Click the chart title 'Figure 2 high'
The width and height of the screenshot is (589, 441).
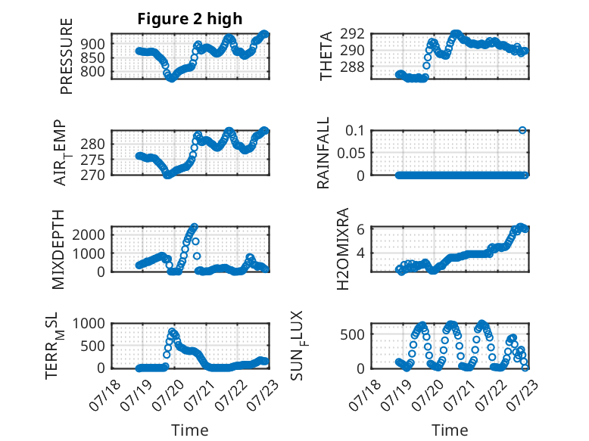pyautogui.click(x=190, y=19)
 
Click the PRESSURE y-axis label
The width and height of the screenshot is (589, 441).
pyautogui.click(x=66, y=56)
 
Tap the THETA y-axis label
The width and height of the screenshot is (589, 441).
pyautogui.click(x=326, y=56)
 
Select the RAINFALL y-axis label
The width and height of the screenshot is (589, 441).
pyautogui.click(x=323, y=153)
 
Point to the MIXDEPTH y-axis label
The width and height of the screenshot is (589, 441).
pyautogui.click(x=58, y=250)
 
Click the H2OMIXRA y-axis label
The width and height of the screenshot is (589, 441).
pyautogui.click(x=343, y=249)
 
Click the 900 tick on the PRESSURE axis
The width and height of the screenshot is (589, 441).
pyautogui.click(x=92, y=45)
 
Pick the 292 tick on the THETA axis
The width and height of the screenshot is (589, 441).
pyautogui.click(x=352, y=34)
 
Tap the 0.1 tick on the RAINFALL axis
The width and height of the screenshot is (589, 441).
pyautogui.click(x=355, y=131)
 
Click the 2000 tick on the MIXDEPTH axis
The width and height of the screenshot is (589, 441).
pyautogui.click(x=89, y=235)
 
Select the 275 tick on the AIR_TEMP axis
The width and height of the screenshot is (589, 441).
pyautogui.click(x=92, y=160)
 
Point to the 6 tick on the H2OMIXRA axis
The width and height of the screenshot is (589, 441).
pyautogui.click(x=360, y=229)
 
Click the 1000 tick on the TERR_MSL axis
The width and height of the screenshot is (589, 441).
pyautogui.click(x=89, y=324)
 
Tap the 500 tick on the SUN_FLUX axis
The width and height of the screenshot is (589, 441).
pyautogui.click(x=352, y=334)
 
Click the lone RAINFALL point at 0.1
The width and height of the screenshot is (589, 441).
pyautogui.click(x=522, y=130)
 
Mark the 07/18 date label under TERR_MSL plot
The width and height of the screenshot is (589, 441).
pyautogui.click(x=104, y=395)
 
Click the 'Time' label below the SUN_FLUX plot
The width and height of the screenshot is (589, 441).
pyautogui.click(x=450, y=430)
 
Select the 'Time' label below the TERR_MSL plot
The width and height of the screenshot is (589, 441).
pyautogui.click(x=190, y=430)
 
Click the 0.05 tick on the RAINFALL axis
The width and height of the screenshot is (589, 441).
pyautogui.click(x=351, y=153)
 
